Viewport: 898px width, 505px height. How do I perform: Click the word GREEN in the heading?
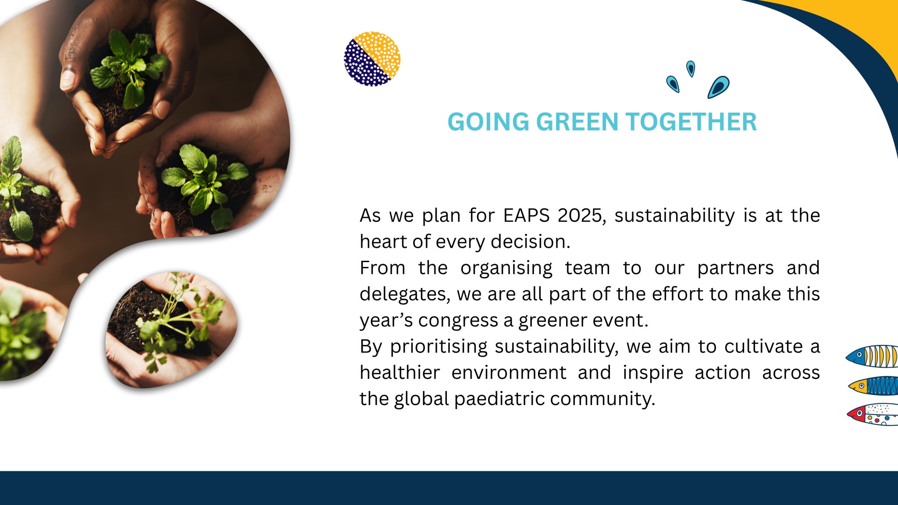point(577,122)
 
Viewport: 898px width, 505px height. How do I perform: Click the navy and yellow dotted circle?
point(372,59)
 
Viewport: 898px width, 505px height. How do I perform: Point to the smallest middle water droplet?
point(691,69)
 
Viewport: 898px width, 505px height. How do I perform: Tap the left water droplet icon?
point(673,84)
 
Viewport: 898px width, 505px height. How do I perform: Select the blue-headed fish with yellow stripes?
point(873,356)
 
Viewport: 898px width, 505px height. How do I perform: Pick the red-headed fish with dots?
point(873,414)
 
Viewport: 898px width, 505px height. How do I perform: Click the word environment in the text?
point(509,373)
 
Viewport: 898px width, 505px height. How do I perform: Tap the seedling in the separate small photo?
point(175,324)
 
